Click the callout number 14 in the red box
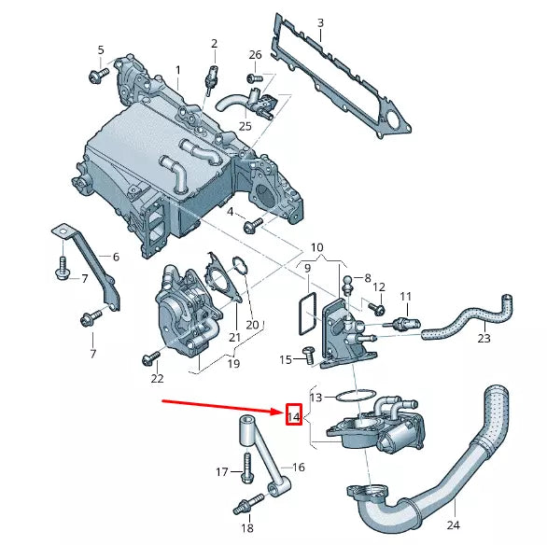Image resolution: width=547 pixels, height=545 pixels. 293,416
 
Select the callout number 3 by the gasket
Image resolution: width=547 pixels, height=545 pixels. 320,22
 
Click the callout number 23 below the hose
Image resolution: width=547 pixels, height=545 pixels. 484,339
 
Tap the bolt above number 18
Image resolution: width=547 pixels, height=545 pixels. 245,506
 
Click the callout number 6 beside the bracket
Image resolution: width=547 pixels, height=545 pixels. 116,257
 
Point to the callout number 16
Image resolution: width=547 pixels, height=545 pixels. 299,467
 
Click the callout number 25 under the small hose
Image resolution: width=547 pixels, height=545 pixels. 245,125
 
